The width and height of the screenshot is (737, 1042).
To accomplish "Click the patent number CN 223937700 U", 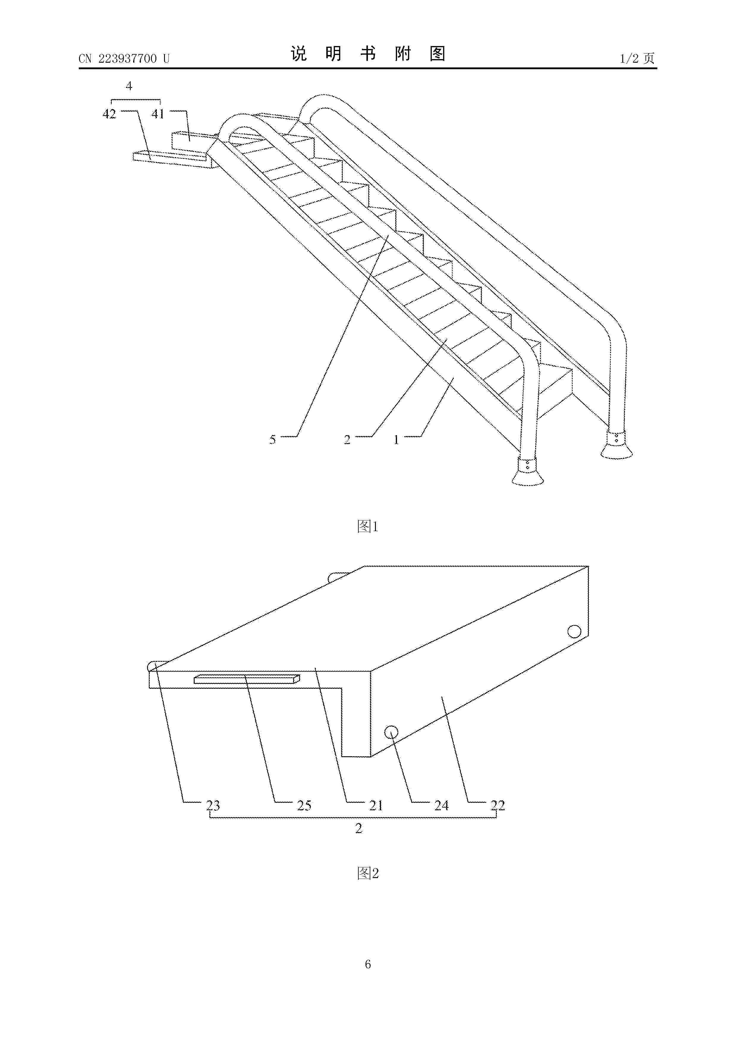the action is (124, 59).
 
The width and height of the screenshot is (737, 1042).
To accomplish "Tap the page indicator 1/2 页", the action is (637, 58).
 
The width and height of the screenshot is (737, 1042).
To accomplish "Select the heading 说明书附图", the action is (368, 54).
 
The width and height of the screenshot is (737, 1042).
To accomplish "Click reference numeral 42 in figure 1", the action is (109, 114).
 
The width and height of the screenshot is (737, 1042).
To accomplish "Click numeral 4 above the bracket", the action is (129, 86).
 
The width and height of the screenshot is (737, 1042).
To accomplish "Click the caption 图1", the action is (368, 526).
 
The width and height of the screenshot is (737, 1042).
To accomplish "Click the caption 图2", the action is (368, 873).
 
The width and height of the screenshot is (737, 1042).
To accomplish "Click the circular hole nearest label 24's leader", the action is (391, 732).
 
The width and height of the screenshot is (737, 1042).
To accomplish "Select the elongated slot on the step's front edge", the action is (247, 679).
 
